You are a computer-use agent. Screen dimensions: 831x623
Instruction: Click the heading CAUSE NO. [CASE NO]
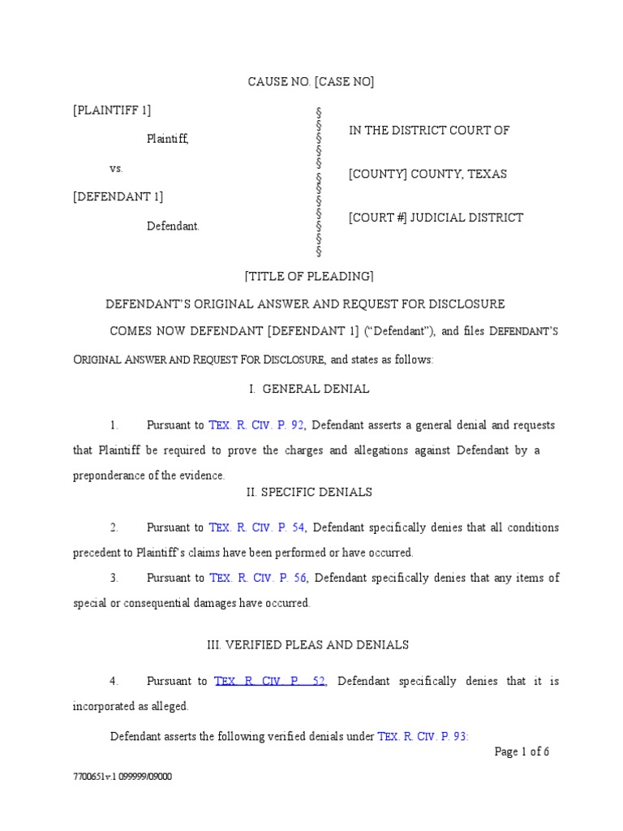click(x=311, y=81)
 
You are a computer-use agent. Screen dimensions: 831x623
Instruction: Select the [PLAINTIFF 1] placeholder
click(x=111, y=110)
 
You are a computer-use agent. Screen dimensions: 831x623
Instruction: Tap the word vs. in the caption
click(x=115, y=168)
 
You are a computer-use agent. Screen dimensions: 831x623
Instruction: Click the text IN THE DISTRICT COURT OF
click(x=429, y=130)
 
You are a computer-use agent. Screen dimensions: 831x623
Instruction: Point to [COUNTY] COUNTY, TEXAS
click(x=428, y=174)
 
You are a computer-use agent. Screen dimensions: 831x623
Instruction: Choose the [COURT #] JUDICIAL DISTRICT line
click(x=436, y=217)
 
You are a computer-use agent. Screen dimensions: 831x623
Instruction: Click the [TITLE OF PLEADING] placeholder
click(x=309, y=276)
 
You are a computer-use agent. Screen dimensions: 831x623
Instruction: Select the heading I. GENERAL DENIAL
click(x=311, y=389)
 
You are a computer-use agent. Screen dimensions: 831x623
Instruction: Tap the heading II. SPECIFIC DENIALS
click(x=309, y=492)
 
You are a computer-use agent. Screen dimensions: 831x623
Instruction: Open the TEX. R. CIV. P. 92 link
click(x=256, y=425)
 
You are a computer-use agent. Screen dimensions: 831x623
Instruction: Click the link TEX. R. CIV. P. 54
click(x=256, y=527)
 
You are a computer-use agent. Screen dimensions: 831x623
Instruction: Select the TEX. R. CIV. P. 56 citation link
click(x=256, y=578)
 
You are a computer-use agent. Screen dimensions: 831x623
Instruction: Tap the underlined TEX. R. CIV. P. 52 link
click(x=270, y=681)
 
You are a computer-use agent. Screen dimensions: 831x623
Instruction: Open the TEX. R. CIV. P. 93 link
click(x=423, y=737)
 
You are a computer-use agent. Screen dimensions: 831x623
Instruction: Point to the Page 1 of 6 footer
click(x=522, y=751)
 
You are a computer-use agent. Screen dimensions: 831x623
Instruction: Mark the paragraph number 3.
click(x=115, y=578)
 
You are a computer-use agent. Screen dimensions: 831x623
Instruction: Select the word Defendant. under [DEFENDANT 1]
click(x=173, y=226)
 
